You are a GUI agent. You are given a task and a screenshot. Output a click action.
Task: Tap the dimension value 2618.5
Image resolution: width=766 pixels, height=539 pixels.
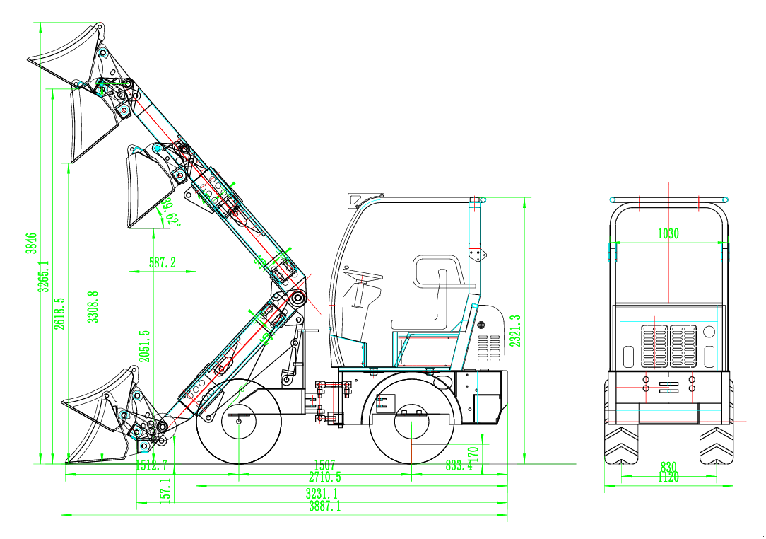tap(61, 313)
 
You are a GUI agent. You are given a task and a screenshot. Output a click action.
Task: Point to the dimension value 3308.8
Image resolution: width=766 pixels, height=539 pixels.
tap(91, 307)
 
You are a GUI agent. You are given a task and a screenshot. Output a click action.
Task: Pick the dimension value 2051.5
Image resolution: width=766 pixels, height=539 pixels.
tap(144, 346)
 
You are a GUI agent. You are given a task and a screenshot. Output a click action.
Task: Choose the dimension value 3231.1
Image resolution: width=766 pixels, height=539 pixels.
tap(322, 493)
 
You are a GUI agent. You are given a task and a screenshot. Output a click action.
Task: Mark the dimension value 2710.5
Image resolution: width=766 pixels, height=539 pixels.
tap(324, 477)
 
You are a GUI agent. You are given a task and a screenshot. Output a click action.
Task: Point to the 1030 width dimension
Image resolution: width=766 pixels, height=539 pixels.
tap(668, 234)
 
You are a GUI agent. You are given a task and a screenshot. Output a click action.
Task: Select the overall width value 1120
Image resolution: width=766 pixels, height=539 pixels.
tap(668, 478)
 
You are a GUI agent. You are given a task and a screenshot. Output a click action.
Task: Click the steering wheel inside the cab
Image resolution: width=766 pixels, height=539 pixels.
tap(362, 272)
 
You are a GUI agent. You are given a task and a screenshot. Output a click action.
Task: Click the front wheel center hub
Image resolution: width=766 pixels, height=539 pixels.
tap(239, 422)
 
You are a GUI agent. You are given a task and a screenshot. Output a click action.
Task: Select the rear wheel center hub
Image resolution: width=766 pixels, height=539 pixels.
tap(412, 424)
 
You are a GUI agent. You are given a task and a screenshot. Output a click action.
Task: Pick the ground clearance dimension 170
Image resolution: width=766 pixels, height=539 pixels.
tap(473, 453)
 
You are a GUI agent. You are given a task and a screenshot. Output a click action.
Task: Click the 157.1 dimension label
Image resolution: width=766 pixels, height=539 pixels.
tap(165, 490)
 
